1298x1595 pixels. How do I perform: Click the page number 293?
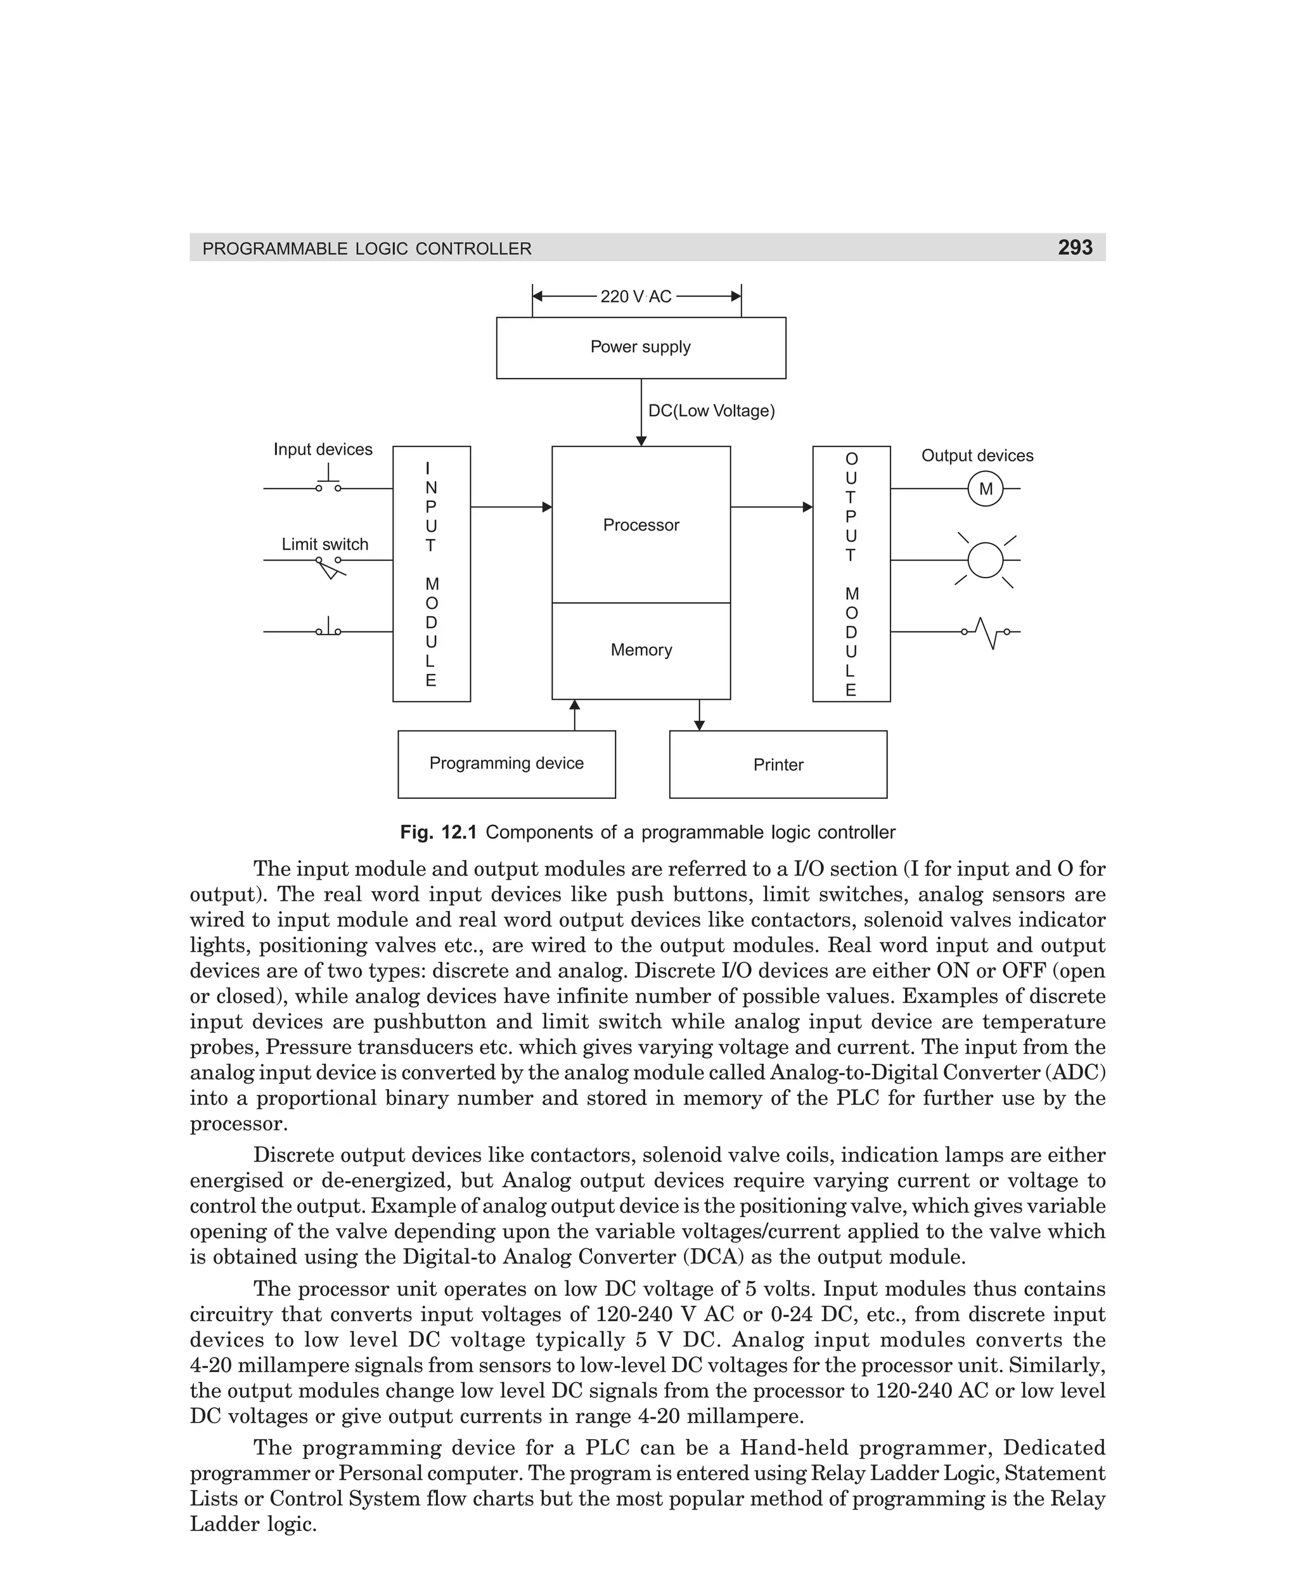tap(1074, 247)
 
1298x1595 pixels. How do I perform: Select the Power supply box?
tap(641, 347)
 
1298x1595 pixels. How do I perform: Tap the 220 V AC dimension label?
tap(636, 297)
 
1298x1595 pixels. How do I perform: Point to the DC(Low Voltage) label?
tap(711, 411)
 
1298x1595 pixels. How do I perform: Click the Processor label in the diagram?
tap(641, 525)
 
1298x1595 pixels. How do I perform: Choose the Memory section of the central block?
tap(641, 650)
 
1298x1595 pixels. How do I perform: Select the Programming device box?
tap(506, 763)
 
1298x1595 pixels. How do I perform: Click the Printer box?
tap(778, 765)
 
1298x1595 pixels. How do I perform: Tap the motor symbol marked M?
tap(986, 489)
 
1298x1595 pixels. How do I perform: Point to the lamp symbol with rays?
tap(985, 560)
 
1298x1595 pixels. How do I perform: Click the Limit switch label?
tap(324, 545)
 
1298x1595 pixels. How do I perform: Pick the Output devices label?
tap(977, 455)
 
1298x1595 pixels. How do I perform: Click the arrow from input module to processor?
tap(511, 507)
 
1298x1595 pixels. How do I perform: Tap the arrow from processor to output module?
tap(771, 507)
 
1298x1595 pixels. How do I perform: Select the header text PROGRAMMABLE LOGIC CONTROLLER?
tap(366, 249)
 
